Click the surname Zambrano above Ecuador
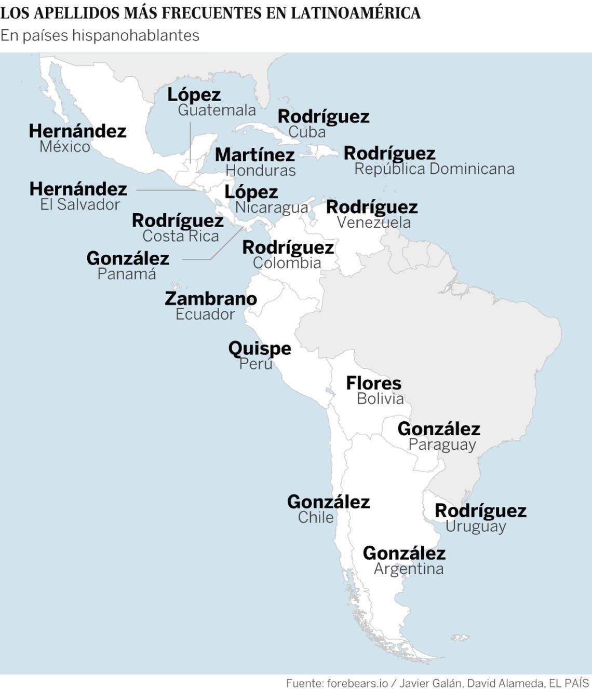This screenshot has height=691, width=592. pyautogui.click(x=210, y=299)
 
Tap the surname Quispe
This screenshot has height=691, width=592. pyautogui.click(x=260, y=348)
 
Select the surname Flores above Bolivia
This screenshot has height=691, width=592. pyautogui.click(x=373, y=383)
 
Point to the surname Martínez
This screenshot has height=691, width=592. pyautogui.click(x=254, y=155)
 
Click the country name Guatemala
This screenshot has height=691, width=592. pyautogui.click(x=217, y=110)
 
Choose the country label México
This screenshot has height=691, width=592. pyautogui.click(x=65, y=147)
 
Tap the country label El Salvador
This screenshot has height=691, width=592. pyautogui.click(x=80, y=204)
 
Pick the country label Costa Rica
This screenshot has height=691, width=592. pyautogui.click(x=181, y=236)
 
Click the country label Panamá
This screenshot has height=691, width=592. pyautogui.click(x=127, y=274)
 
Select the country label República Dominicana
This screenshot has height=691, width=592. pyautogui.click(x=434, y=169)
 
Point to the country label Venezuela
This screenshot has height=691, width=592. pyautogui.click(x=373, y=223)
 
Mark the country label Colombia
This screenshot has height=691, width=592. pyautogui.click(x=287, y=263)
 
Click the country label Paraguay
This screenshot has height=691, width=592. pyautogui.click(x=442, y=445)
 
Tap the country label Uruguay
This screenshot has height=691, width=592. pyautogui.click(x=476, y=526)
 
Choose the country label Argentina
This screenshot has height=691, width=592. pyautogui.click(x=409, y=569)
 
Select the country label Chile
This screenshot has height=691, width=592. pyautogui.click(x=316, y=517)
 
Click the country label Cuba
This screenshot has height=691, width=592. pyautogui.click(x=307, y=132)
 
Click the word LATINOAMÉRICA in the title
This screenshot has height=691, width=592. pyautogui.click(x=355, y=13)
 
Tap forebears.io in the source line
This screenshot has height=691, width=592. pyautogui.click(x=357, y=683)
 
